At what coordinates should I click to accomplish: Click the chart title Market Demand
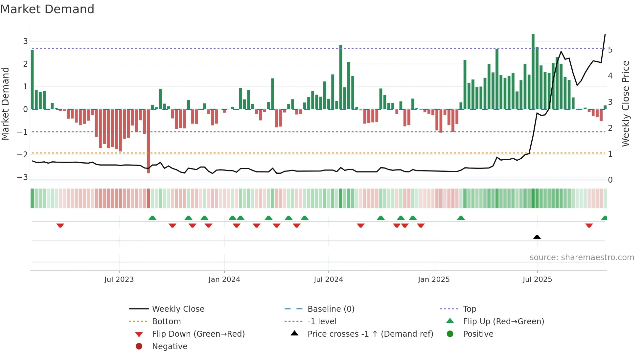point(47,9)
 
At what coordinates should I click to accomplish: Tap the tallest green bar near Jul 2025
point(533,72)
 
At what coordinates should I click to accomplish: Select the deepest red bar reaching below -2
point(149,141)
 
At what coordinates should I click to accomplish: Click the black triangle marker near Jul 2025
point(537,237)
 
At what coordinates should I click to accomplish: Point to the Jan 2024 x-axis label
point(224,280)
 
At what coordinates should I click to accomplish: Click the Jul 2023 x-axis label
point(119,280)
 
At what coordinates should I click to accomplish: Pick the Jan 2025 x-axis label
point(434,280)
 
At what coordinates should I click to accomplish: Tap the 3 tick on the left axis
point(25,41)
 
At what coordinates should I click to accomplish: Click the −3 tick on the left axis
point(23,177)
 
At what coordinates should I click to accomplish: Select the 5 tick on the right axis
point(610,50)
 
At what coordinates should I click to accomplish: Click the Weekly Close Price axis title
point(626,103)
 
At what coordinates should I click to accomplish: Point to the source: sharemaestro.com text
point(582,258)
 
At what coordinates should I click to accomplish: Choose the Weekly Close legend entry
point(178,309)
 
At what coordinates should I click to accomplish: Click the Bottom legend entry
point(166,322)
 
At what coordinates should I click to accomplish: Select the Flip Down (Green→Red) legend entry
point(198,334)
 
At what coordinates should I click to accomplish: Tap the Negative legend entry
point(170,347)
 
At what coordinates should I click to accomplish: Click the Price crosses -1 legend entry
point(370,334)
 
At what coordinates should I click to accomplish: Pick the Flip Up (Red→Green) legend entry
point(503,322)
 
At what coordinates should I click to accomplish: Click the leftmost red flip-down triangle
point(60,225)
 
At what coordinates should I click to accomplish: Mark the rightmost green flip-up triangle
point(604,218)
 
